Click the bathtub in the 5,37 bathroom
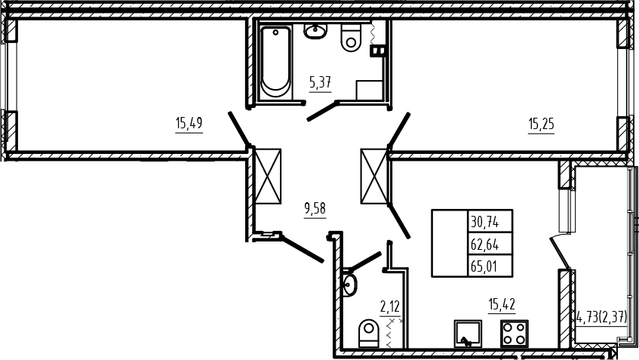click(275, 62)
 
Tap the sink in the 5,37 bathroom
click(315, 31)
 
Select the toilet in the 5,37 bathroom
click(351, 38)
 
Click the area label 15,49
click(189, 123)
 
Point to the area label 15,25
click(541, 124)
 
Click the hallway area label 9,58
click(315, 208)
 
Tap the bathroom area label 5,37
click(321, 83)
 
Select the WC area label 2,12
click(390, 306)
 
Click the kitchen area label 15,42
click(502, 304)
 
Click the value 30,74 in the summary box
click(485, 222)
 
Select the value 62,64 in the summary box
click(485, 245)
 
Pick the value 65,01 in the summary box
click(484, 266)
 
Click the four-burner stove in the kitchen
click(515, 334)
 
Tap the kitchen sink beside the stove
click(468, 334)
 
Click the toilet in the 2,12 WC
click(369, 333)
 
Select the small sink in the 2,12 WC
click(349, 285)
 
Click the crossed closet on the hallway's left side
click(267, 176)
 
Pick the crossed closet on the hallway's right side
click(373, 176)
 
